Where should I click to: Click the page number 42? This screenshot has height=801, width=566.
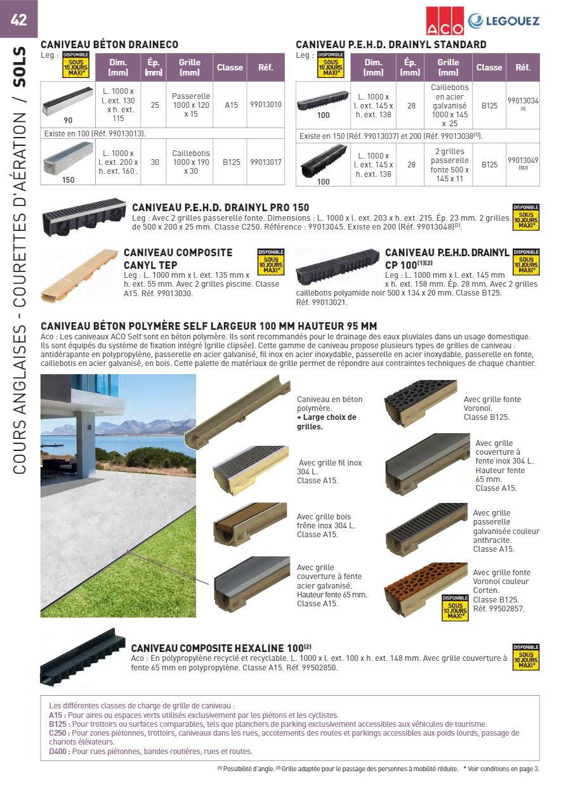pos(18,20)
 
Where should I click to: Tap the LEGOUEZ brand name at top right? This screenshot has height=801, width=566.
pos(511,21)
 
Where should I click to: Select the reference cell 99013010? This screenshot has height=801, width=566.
pos(266,105)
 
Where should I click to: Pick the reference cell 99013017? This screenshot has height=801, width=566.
pos(266,162)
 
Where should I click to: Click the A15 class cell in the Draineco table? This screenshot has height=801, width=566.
pos(231,105)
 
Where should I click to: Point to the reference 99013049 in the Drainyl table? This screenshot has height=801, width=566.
pos(523,160)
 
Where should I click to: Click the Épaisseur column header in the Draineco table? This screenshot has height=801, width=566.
pos(153,67)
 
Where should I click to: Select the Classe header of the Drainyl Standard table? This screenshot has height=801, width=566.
pos(489,67)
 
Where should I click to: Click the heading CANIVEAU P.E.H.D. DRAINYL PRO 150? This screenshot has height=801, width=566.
pos(221,208)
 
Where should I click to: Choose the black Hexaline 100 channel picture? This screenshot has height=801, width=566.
pos(82,657)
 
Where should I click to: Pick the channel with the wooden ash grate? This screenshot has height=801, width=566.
pos(250,524)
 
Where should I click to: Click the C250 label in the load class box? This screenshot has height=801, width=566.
pos(58,733)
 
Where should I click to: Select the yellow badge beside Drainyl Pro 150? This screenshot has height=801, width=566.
pos(525,217)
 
